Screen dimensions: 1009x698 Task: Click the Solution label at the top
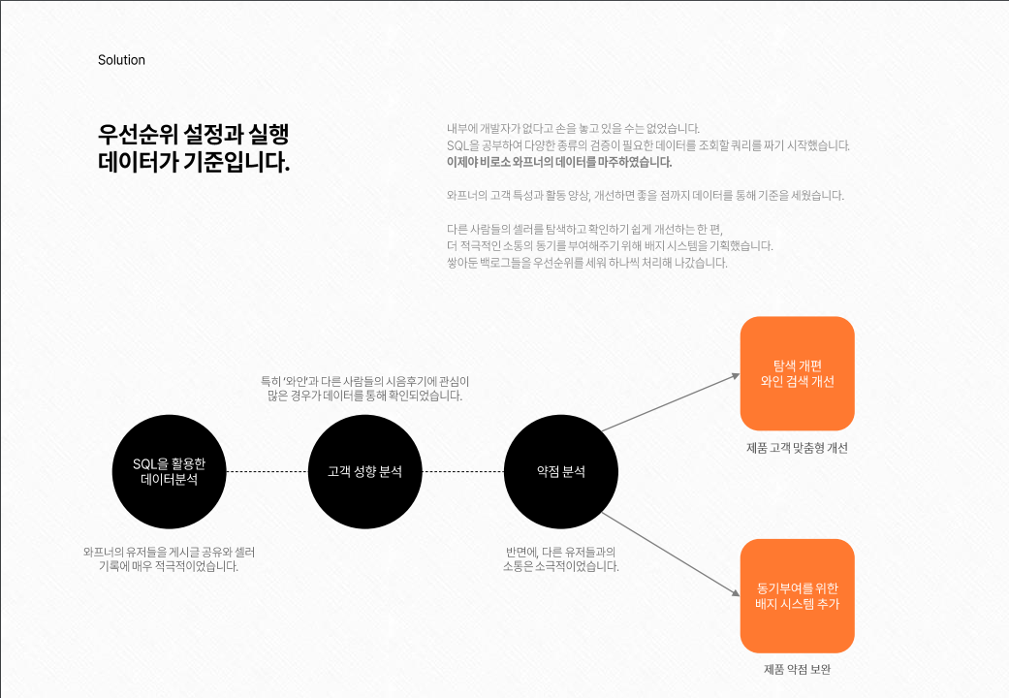tap(121, 60)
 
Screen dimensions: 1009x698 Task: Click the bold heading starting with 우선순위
tap(194, 147)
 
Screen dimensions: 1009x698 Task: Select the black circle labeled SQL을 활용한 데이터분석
tap(169, 471)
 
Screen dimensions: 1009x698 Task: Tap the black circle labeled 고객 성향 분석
tap(364, 472)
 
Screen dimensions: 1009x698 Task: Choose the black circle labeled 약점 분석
tap(561, 472)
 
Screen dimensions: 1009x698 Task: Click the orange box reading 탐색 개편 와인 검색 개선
tap(797, 373)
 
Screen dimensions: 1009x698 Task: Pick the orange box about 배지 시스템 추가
tap(797, 596)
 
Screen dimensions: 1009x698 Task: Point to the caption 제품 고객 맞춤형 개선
tap(797, 448)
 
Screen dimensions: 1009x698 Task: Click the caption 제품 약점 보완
tap(797, 670)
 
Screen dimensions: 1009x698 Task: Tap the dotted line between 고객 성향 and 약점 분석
tap(463, 471)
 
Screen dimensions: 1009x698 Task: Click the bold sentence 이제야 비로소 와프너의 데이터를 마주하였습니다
tap(559, 162)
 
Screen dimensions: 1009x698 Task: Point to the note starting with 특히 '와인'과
tap(364, 388)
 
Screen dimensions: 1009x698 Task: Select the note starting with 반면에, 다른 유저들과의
tap(560, 558)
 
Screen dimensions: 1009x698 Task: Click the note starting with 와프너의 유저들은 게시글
tap(169, 558)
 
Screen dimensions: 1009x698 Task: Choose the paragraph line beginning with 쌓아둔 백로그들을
tap(586, 263)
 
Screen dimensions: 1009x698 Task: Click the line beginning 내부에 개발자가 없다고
tap(573, 128)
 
